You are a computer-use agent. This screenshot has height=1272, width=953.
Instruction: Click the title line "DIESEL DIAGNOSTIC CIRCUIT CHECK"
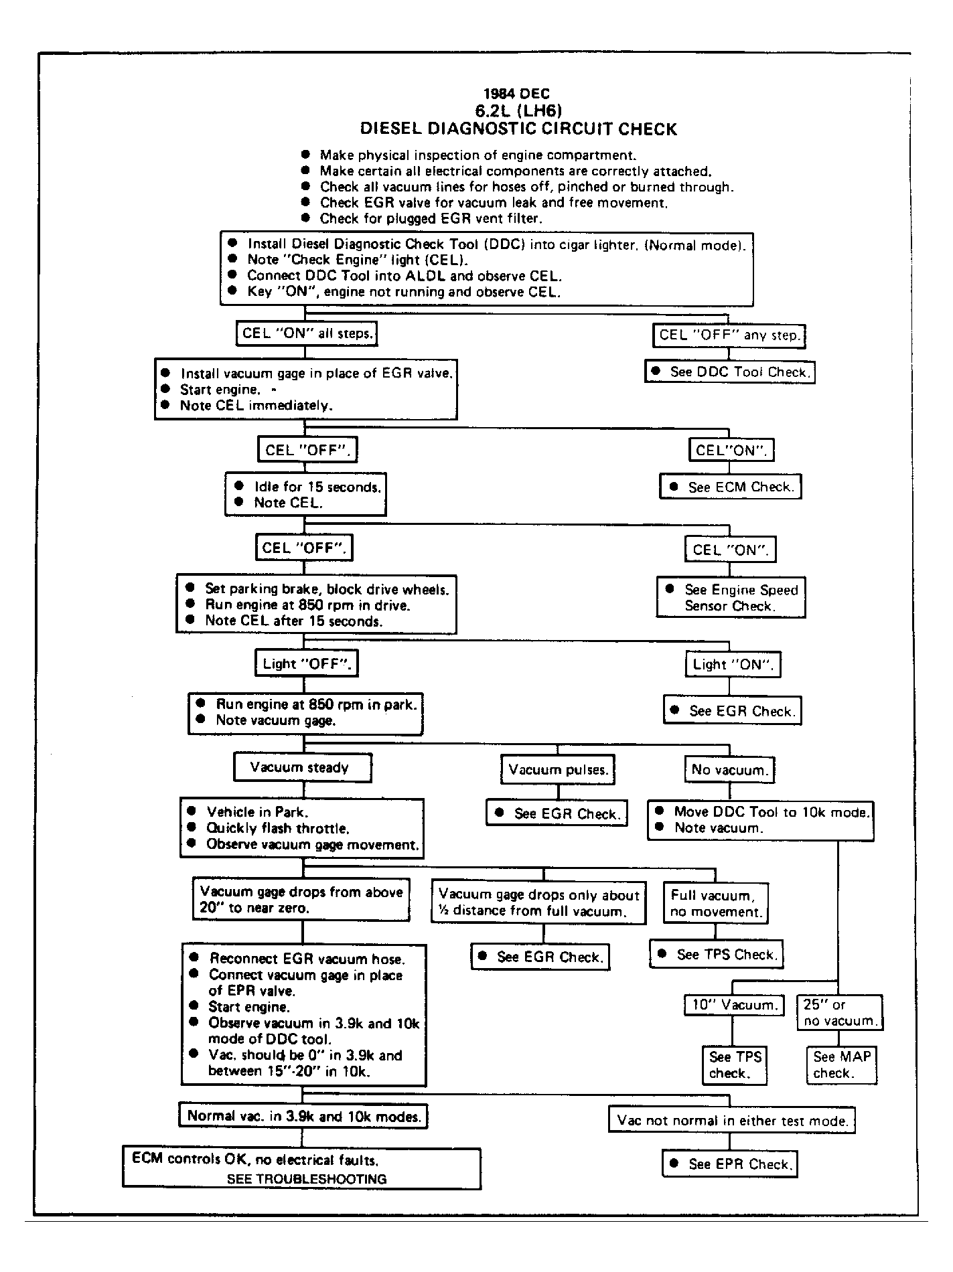tap(518, 129)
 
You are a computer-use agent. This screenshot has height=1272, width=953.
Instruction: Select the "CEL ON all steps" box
tap(307, 333)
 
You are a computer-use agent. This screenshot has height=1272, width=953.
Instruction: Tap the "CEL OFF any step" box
tap(729, 335)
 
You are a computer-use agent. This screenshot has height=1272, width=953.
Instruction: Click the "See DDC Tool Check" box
tap(730, 372)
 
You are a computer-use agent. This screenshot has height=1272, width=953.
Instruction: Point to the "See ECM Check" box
tap(731, 487)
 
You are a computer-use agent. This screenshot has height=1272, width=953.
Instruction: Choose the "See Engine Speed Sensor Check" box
tap(731, 598)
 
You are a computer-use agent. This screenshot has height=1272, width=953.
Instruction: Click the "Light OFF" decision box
tap(306, 664)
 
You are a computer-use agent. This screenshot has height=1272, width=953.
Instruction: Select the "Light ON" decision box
tap(733, 665)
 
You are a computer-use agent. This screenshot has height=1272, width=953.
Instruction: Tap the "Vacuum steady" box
tap(302, 768)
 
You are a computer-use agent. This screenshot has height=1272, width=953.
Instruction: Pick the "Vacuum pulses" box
tap(558, 770)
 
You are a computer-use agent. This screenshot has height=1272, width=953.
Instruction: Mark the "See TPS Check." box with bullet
tap(717, 955)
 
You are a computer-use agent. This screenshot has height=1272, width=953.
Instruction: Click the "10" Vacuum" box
tap(733, 1005)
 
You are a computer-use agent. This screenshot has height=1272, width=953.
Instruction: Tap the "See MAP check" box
tap(841, 1065)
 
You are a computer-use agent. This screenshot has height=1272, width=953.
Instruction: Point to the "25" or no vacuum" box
tap(840, 1013)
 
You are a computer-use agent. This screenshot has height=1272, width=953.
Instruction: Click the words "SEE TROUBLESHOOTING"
tap(307, 1180)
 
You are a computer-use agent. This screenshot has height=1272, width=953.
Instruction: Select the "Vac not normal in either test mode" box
tap(732, 1121)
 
